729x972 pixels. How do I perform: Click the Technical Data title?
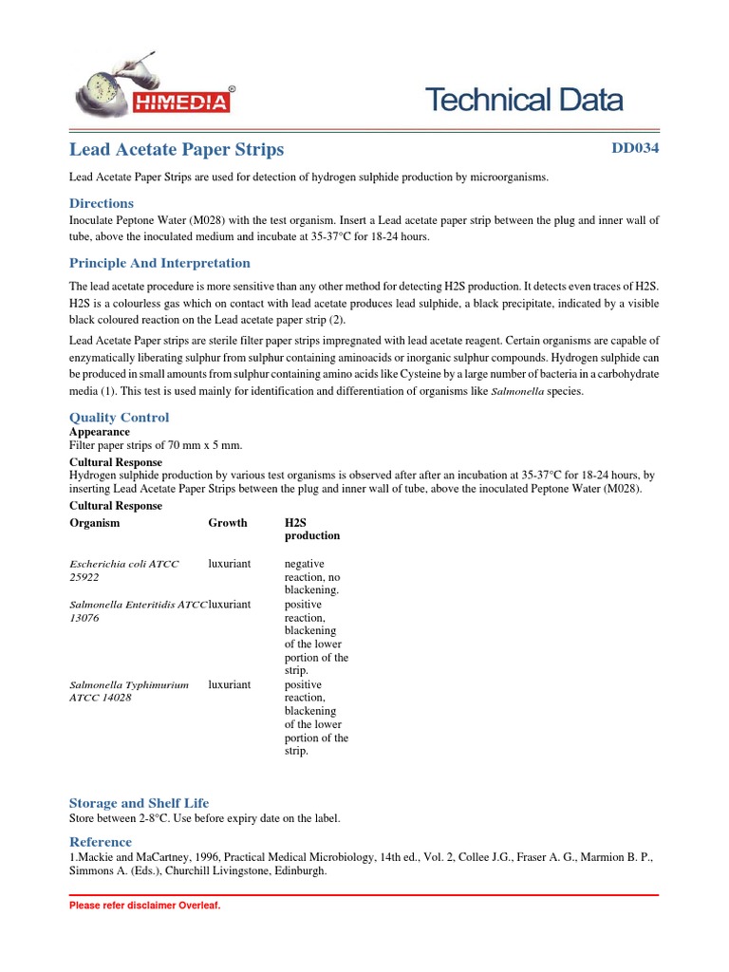[523, 100]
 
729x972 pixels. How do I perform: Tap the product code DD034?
[634, 148]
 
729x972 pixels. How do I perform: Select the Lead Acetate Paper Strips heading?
[177, 150]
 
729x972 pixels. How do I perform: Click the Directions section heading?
[102, 203]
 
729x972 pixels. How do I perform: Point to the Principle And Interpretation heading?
[159, 263]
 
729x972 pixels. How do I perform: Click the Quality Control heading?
[120, 417]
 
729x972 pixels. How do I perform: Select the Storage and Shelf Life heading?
[140, 802]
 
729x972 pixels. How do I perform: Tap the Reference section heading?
[101, 841]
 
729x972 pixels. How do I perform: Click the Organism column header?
[95, 522]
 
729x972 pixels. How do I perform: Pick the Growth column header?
[228, 522]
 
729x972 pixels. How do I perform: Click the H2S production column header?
[311, 529]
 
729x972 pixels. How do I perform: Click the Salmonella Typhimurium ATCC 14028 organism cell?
[129, 690]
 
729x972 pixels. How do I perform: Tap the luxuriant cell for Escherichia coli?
[230, 564]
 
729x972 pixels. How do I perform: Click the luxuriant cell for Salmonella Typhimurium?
[230, 684]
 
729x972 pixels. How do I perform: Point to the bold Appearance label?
[100, 432]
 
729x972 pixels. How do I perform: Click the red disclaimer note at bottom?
[144, 906]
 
